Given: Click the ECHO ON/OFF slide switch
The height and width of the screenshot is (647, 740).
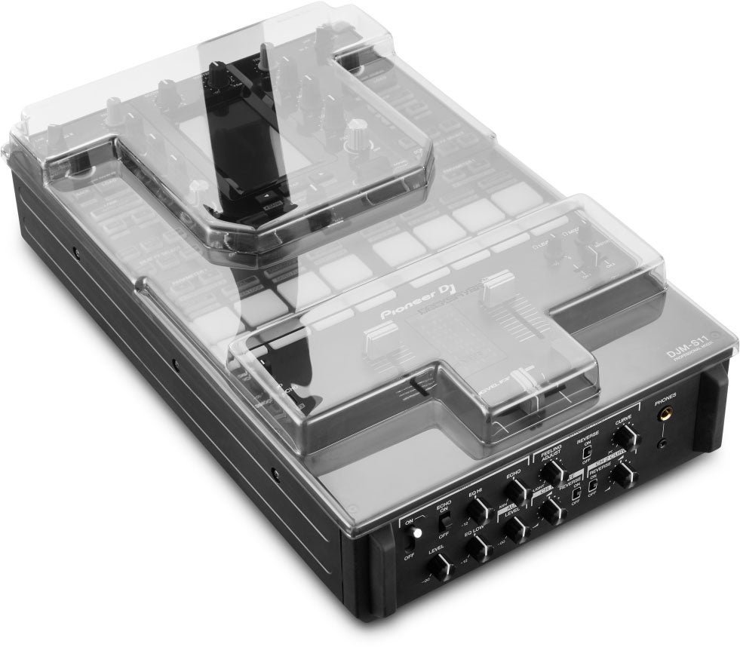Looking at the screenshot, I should tap(446, 521).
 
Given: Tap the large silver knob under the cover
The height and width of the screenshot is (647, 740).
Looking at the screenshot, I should tap(354, 139).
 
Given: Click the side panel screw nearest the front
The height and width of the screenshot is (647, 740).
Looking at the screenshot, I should tap(275, 477).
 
